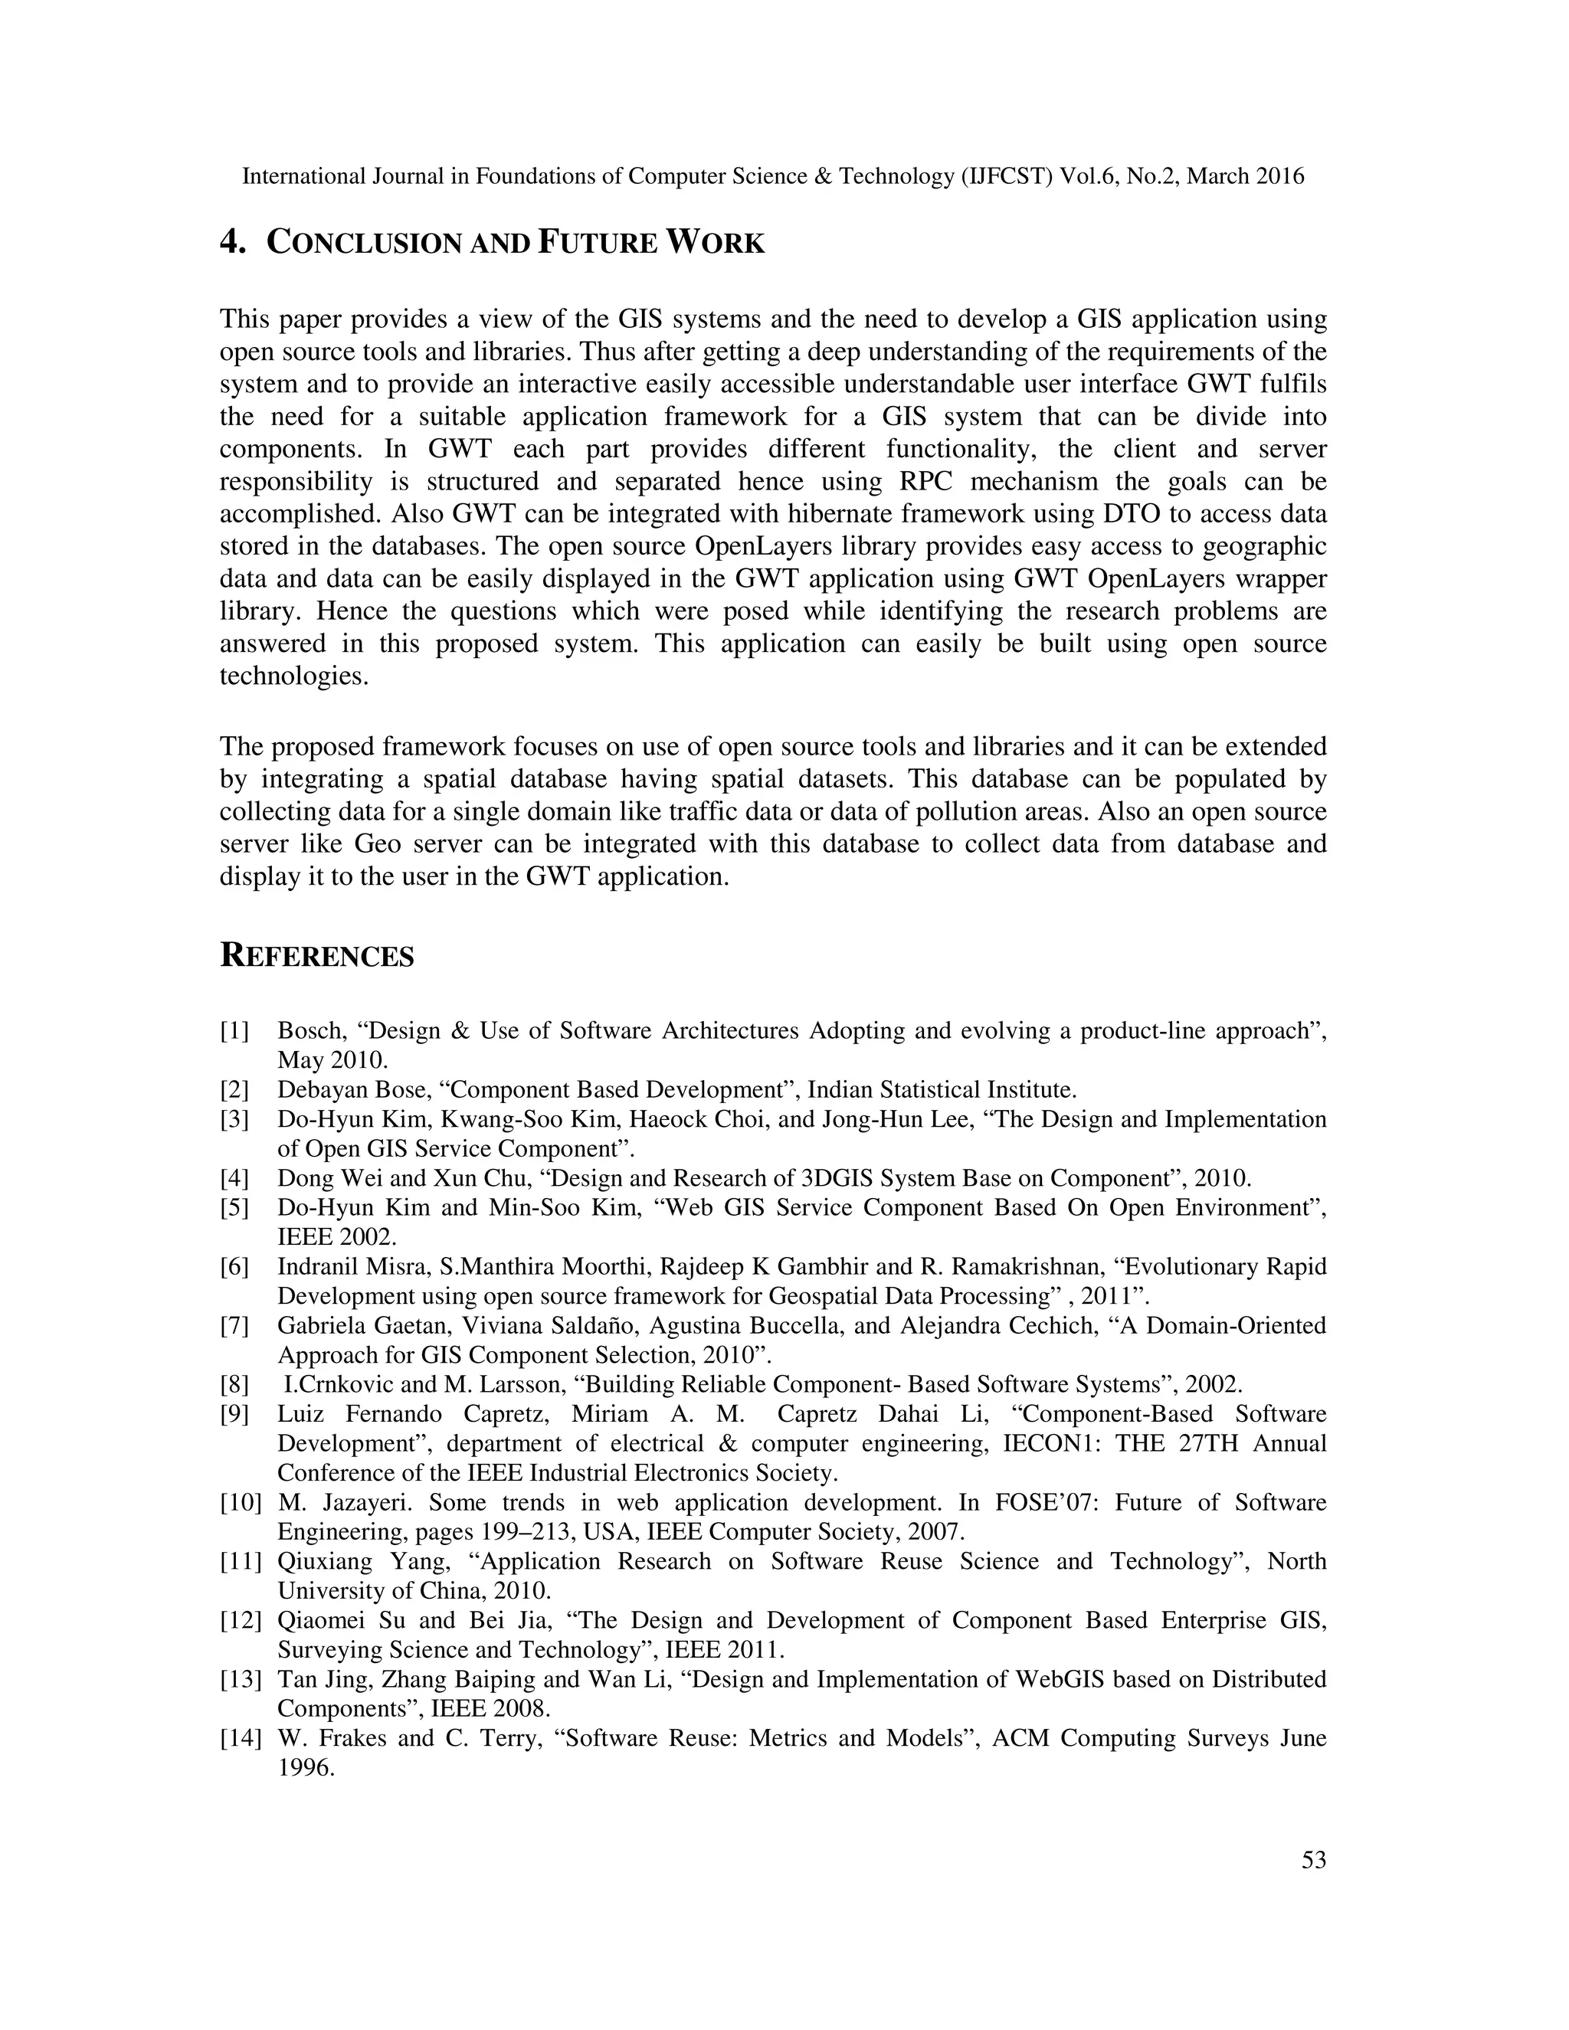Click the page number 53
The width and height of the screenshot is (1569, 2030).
(x=1313, y=1860)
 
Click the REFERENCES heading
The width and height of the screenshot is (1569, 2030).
(x=316, y=955)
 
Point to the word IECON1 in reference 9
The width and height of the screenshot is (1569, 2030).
(x=1045, y=1443)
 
